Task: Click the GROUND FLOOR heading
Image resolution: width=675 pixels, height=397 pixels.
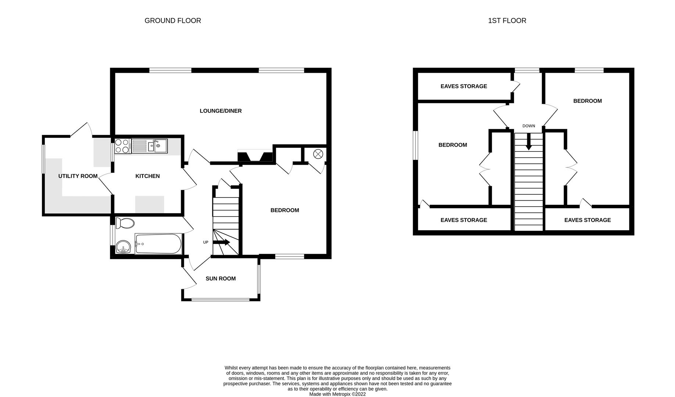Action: click(173, 21)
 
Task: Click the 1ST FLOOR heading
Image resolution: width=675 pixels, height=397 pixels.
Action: click(507, 21)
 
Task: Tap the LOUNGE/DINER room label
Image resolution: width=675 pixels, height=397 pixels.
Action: click(220, 111)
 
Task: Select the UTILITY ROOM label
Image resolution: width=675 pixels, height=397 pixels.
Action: click(78, 176)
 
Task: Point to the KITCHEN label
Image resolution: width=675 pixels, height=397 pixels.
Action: click(147, 176)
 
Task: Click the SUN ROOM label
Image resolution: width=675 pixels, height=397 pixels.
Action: click(220, 279)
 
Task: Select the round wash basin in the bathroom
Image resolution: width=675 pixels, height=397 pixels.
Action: click(123, 247)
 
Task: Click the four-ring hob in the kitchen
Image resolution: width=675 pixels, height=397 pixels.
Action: click(122, 146)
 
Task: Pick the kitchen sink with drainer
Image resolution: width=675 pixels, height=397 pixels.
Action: click(150, 146)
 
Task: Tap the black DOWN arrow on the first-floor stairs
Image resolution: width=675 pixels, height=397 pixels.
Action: click(528, 142)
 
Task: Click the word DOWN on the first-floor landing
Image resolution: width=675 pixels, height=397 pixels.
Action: click(528, 126)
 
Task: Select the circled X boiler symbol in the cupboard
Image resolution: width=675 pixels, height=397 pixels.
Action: click(318, 154)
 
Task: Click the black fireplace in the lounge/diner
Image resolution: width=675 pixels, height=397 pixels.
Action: click(255, 157)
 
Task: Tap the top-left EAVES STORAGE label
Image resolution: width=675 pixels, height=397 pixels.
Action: click(463, 86)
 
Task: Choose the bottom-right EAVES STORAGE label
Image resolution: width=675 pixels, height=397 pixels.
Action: click(587, 220)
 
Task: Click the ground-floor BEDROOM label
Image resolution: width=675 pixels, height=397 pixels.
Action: click(284, 210)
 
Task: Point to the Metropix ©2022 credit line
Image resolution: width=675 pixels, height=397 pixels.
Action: click(337, 394)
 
